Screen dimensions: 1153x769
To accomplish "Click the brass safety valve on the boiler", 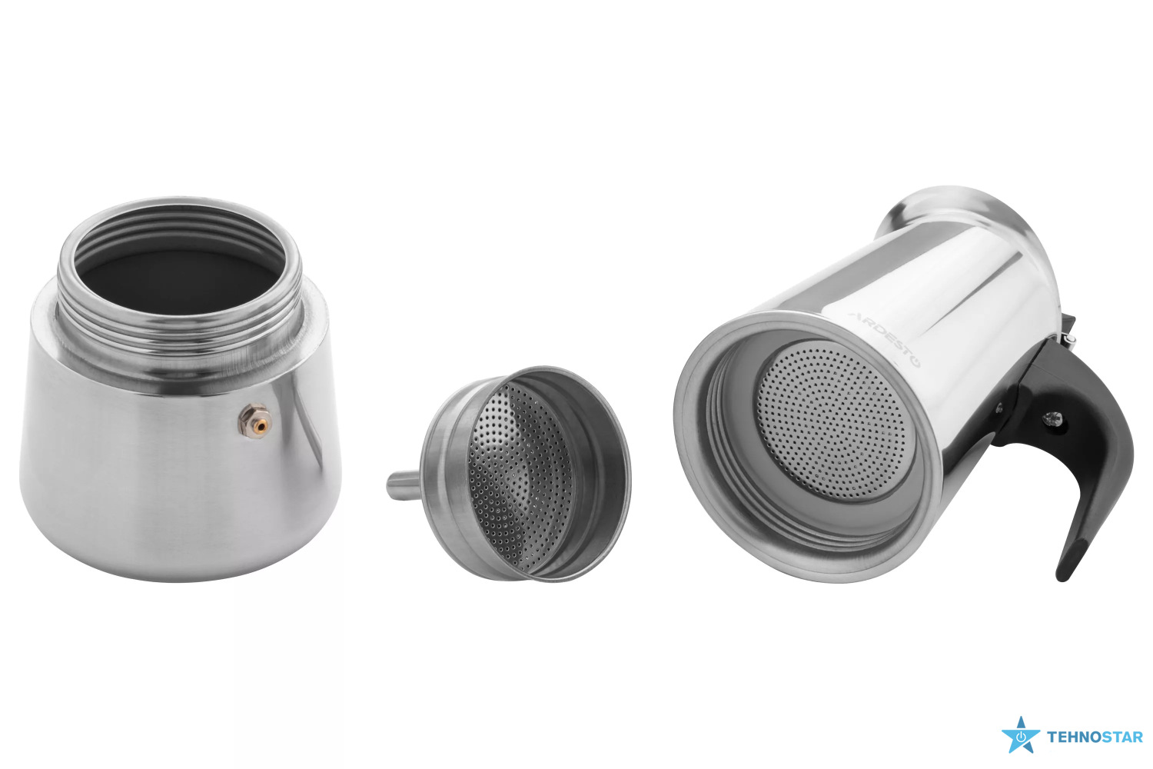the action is (x=254, y=421).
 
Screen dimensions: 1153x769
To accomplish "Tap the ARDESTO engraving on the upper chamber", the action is (x=885, y=339).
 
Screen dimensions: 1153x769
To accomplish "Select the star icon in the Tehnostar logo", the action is (x=1021, y=735).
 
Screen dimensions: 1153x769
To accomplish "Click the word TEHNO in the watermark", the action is (x=1074, y=737).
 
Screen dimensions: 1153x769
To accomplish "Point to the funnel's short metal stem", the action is (x=404, y=485).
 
